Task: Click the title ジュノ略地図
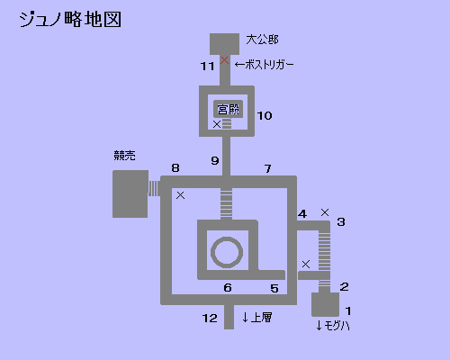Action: (x=70, y=20)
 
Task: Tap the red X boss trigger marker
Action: (x=224, y=60)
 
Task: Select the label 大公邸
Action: (x=262, y=40)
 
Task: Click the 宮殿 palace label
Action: (x=229, y=109)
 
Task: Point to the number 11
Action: (x=207, y=66)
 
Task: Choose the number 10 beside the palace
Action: (x=265, y=116)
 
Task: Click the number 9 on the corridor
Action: (x=215, y=160)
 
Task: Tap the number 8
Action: (x=175, y=167)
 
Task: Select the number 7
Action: (x=268, y=168)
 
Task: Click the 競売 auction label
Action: (x=124, y=156)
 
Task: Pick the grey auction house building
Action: (x=130, y=193)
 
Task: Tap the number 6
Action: (x=228, y=288)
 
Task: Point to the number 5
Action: (x=274, y=288)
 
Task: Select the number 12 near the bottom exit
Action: (x=210, y=319)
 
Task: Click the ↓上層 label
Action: (x=257, y=318)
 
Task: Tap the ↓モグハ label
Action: (x=333, y=325)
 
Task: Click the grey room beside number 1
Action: (x=326, y=304)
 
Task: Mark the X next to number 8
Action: (x=180, y=195)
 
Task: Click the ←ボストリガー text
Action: (x=265, y=65)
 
